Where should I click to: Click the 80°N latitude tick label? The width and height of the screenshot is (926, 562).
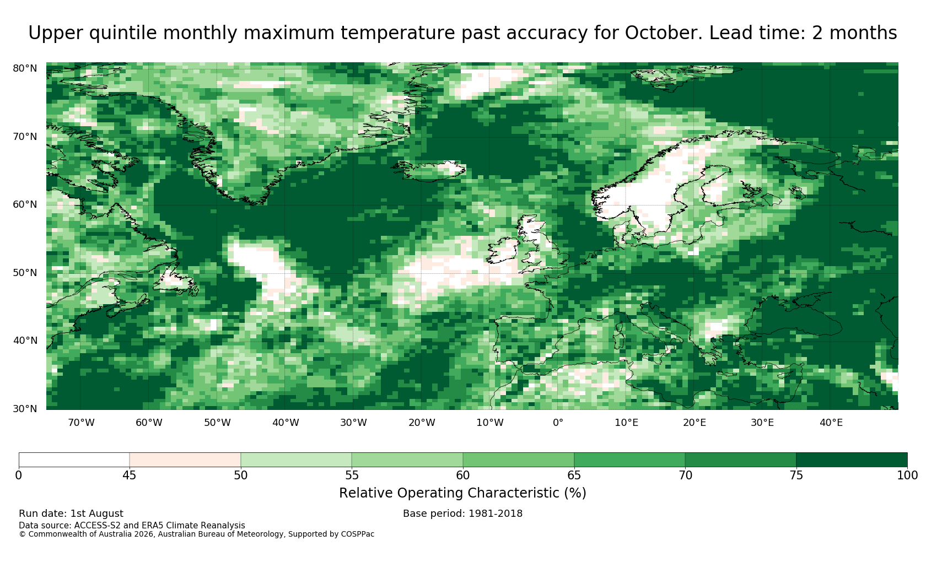(25, 68)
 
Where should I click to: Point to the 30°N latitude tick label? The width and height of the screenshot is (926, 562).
(25, 409)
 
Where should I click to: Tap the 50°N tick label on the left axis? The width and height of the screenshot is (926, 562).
(25, 273)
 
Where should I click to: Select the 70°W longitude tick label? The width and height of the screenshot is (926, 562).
(81, 423)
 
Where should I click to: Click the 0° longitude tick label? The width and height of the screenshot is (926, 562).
(558, 423)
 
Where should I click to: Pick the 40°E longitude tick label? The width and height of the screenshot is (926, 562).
(831, 423)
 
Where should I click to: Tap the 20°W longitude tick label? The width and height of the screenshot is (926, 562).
(422, 423)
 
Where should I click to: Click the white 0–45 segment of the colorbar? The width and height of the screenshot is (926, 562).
(74, 460)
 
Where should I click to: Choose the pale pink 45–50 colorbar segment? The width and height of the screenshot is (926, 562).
(185, 460)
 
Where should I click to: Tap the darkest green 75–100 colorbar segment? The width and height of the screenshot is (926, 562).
(852, 460)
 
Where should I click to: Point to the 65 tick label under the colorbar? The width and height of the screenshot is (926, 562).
(574, 475)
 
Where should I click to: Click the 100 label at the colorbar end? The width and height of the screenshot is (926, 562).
(907, 475)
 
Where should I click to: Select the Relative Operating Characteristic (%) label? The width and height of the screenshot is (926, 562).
(462, 493)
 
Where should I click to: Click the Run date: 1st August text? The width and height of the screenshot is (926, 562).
(71, 514)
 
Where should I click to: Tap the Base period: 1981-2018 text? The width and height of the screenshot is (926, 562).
(462, 514)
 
